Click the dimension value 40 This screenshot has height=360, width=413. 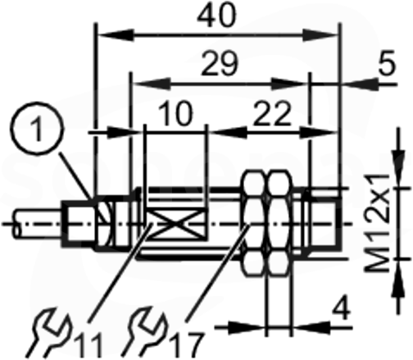tap(216, 16)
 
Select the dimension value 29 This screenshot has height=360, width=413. tap(220, 64)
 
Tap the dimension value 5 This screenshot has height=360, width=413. tap(387, 63)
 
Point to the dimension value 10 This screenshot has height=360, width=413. tap(176, 113)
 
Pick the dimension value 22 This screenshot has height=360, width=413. tap(271, 113)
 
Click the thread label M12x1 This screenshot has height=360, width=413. tap(378, 222)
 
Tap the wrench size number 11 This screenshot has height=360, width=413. tap(89, 345)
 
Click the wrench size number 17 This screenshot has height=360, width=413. tap(186, 345)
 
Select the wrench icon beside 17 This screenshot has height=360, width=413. tap(145, 332)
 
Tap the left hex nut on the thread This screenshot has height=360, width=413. tap(253, 222)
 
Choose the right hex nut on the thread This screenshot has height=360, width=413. tap(279, 222)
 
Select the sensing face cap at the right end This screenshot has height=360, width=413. tap(324, 222)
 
